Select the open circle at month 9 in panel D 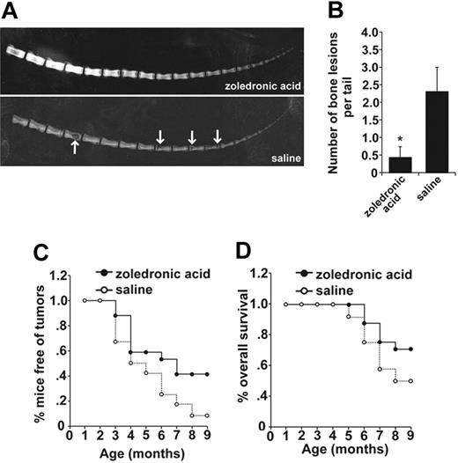436,381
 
